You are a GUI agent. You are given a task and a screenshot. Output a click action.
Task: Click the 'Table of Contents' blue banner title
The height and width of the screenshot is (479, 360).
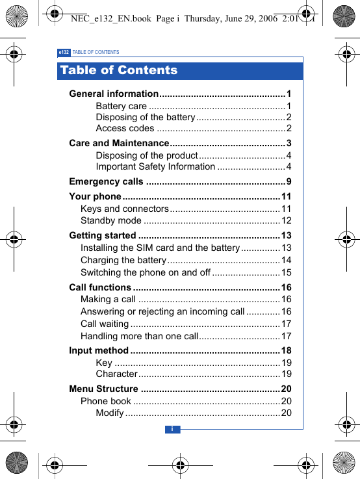click(x=118, y=70)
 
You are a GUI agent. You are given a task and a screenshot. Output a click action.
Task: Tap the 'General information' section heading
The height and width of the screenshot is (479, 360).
click(x=114, y=94)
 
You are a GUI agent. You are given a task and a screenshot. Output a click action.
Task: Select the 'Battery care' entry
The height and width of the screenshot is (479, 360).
click(x=121, y=106)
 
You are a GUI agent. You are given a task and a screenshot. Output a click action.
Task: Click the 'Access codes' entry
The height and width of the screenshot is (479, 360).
click(x=125, y=128)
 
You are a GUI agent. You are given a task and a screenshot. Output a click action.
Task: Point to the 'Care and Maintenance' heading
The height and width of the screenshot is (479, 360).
click(x=119, y=143)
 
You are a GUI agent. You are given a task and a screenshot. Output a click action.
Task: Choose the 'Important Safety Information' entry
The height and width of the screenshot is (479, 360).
click(x=155, y=166)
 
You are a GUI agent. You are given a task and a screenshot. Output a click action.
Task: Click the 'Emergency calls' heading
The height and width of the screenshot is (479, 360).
click(x=106, y=181)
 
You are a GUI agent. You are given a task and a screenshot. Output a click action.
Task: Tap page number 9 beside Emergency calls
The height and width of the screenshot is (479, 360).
click(x=289, y=181)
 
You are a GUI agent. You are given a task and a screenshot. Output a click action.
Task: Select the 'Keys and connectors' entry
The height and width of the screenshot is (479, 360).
click(x=124, y=209)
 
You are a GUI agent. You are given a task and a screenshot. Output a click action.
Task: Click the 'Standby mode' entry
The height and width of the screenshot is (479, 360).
click(x=110, y=220)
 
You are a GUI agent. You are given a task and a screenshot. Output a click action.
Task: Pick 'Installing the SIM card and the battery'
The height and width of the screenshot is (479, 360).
click(x=160, y=248)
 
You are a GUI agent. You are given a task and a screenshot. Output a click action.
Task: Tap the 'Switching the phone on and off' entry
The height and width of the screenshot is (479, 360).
click(x=146, y=272)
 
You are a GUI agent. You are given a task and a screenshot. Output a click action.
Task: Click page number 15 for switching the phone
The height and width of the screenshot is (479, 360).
click(x=286, y=272)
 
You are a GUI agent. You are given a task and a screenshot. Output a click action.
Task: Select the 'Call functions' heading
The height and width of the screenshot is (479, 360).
click(x=100, y=287)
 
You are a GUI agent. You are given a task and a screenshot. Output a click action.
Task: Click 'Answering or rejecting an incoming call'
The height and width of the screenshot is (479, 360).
click(x=162, y=311)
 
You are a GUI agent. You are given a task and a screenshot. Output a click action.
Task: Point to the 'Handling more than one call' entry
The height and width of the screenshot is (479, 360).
click(x=139, y=336)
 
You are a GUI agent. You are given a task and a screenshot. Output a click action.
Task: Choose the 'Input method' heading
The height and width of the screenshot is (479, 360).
click(x=99, y=351)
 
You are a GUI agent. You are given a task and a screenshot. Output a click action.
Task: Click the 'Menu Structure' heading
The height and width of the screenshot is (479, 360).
click(x=103, y=389)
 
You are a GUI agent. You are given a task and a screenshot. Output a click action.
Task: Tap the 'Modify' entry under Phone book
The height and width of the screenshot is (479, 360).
click(x=109, y=413)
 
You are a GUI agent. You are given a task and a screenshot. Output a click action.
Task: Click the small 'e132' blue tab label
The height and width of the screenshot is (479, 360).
click(x=64, y=52)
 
